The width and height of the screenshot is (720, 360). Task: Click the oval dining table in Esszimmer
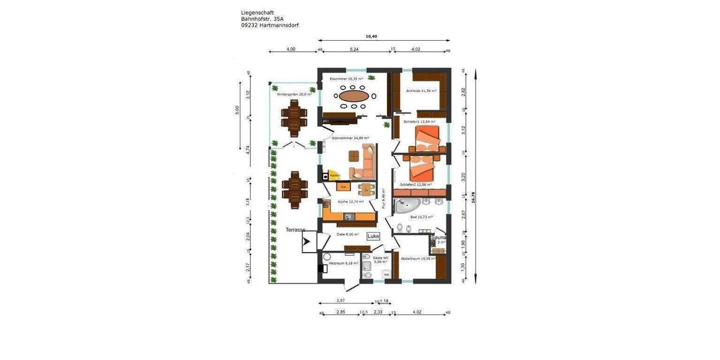coord(353,95)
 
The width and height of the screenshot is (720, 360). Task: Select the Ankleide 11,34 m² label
coord(421,91)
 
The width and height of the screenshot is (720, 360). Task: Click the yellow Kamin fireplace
coord(332,175)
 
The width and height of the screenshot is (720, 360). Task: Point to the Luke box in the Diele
coord(373,236)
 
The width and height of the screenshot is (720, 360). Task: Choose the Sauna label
coord(439,238)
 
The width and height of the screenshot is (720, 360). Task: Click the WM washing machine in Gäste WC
coord(386,275)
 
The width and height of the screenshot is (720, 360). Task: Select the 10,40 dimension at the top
coord(372,37)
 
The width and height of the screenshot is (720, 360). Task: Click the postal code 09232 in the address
coord(250,25)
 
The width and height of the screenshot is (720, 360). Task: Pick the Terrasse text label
coord(295,230)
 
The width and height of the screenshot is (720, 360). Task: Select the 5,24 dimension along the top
coord(354,49)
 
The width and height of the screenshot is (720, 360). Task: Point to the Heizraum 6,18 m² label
coord(343,263)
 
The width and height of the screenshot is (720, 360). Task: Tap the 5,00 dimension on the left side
coord(237,110)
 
